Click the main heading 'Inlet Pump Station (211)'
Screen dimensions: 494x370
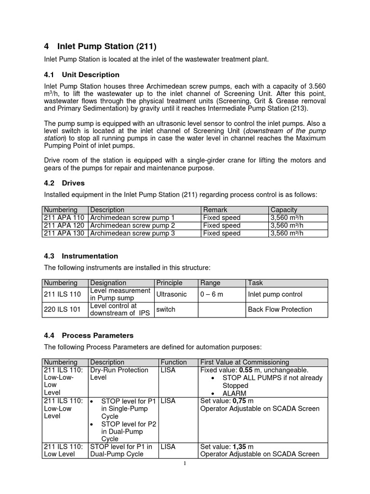(x=107, y=47)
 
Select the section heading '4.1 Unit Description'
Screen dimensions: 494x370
(x=81, y=75)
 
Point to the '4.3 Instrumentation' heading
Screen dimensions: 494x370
(x=81, y=256)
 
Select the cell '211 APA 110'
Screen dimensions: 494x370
(x=65, y=218)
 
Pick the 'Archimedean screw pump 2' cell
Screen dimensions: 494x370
(x=132, y=225)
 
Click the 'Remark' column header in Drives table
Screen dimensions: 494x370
(x=215, y=210)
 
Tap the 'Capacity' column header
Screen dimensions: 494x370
(x=284, y=210)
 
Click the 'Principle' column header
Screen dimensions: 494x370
(x=169, y=283)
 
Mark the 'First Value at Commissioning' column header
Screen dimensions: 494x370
(x=244, y=362)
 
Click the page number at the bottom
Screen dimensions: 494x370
(x=185, y=464)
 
